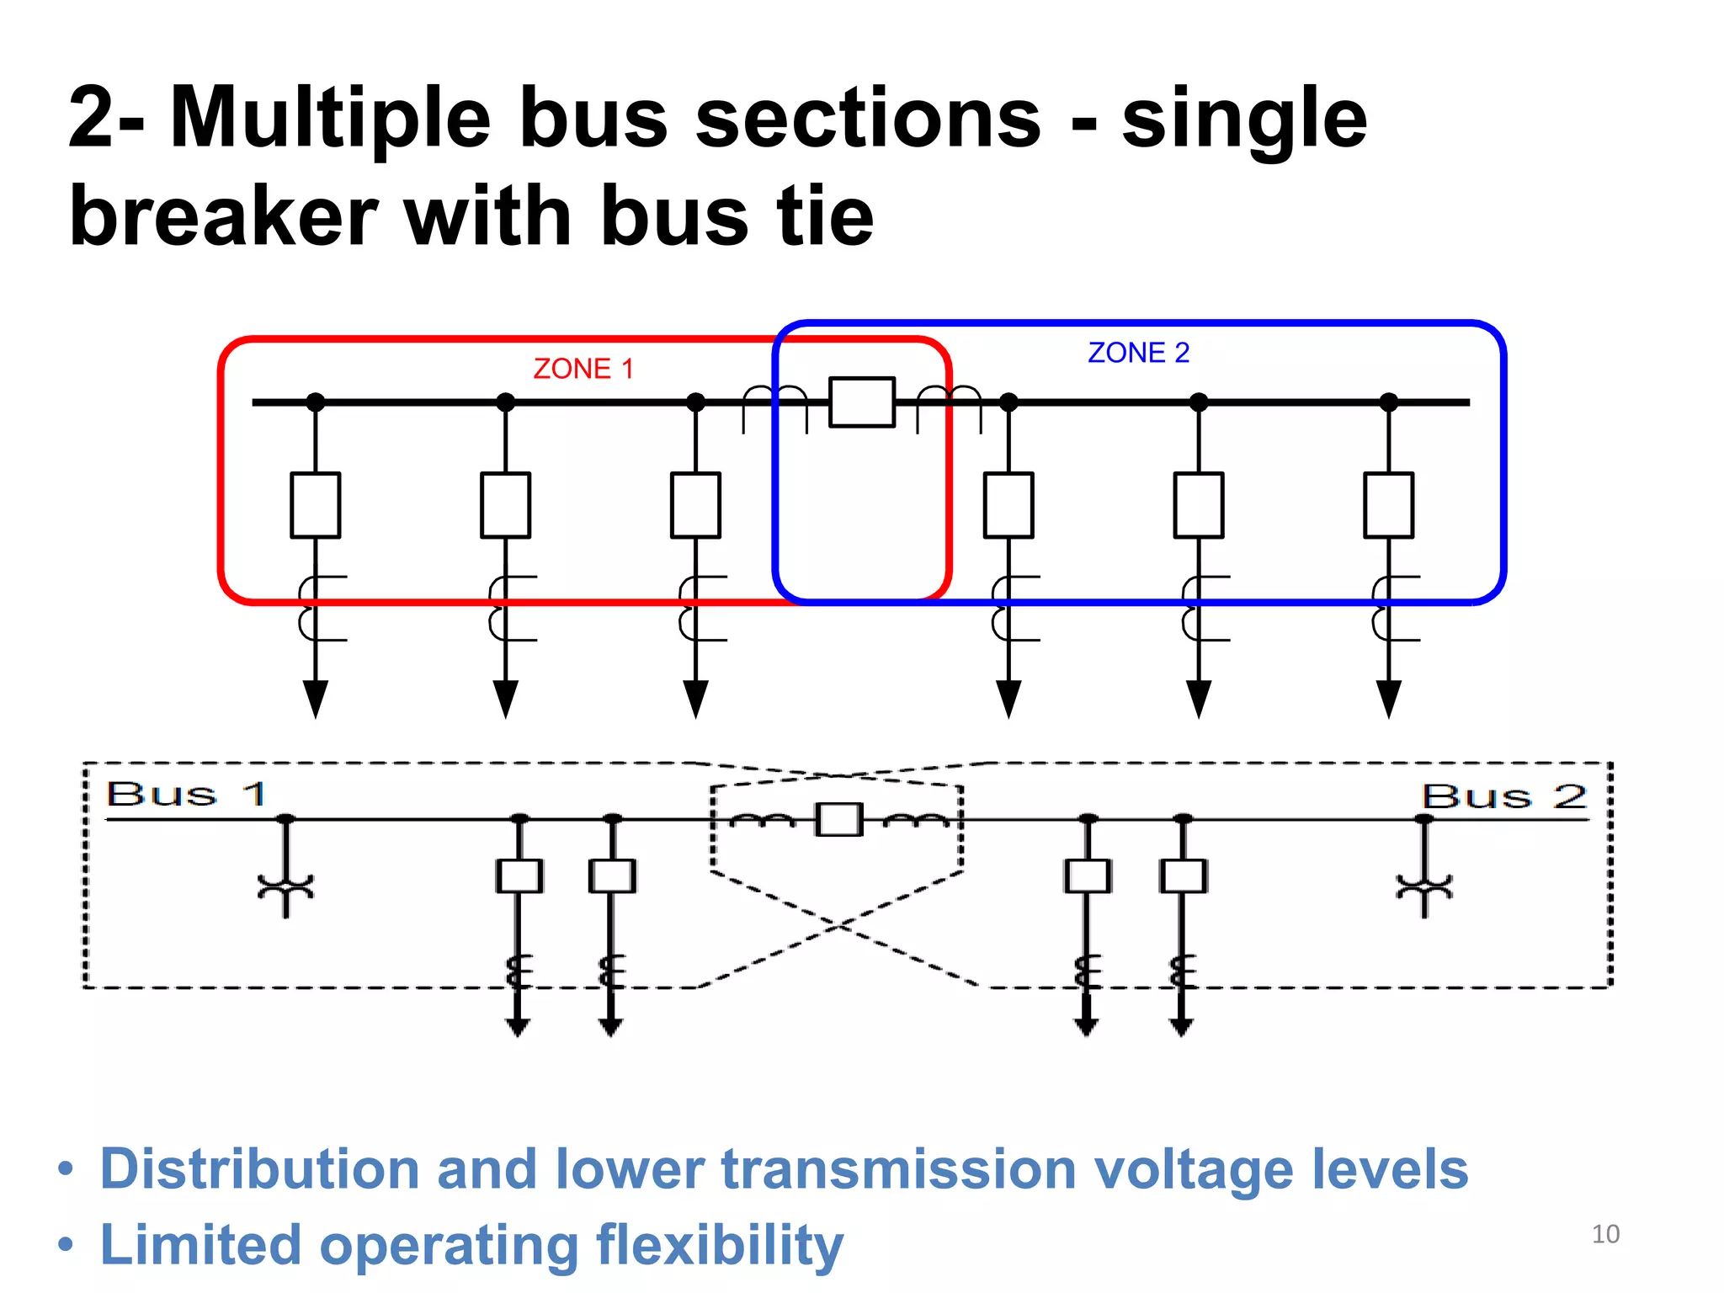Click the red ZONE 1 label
click(x=583, y=369)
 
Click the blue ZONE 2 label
click(x=1138, y=353)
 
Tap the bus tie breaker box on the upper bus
click(x=861, y=402)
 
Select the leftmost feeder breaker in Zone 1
click(x=315, y=505)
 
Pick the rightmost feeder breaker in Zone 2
click(x=1388, y=505)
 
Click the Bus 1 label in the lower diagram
click(x=186, y=794)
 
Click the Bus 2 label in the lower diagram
click(x=1503, y=795)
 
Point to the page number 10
click(x=1605, y=1234)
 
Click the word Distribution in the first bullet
click(x=259, y=1170)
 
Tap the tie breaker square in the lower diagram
click(x=838, y=819)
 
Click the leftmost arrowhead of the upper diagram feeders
click(x=315, y=699)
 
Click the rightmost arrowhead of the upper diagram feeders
click(x=1388, y=699)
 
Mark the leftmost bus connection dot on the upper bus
click(x=315, y=402)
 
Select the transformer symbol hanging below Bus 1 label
click(x=285, y=888)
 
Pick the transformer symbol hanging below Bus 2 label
click(x=1424, y=888)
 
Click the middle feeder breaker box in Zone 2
click(x=1198, y=505)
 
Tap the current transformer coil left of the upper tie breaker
click(x=774, y=404)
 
